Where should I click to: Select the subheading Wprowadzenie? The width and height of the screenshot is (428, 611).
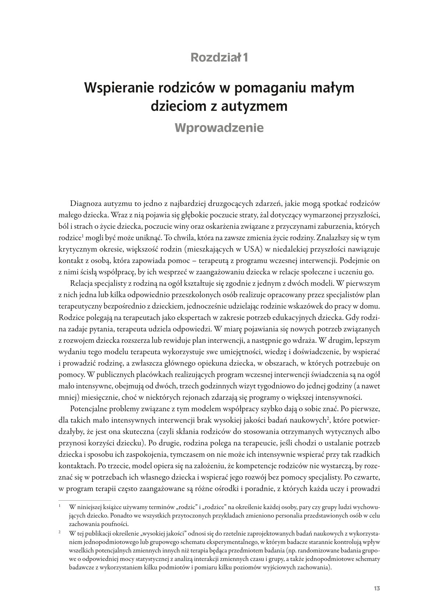[219, 127]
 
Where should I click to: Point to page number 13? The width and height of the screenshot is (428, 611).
[376, 588]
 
